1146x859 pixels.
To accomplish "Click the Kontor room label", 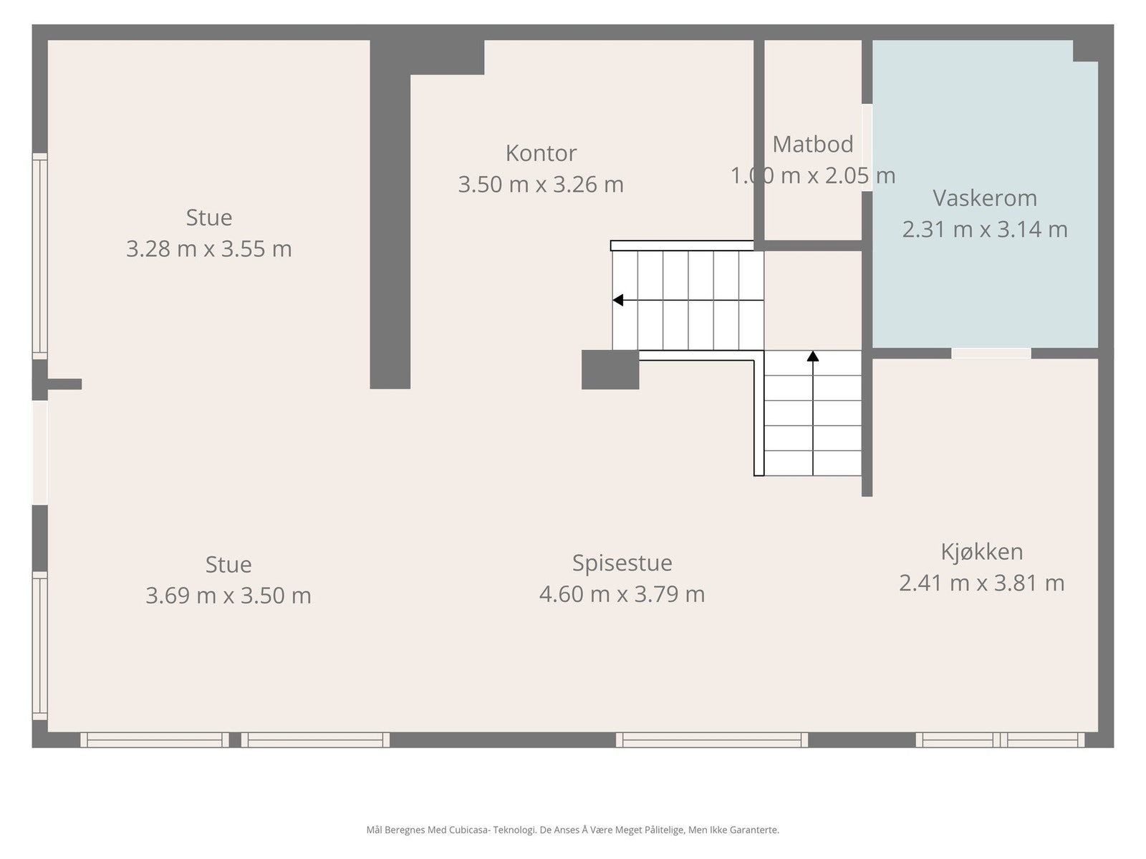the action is tap(541, 153).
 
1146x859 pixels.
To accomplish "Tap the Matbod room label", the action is tap(812, 145).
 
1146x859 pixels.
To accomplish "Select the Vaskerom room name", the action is tap(985, 198).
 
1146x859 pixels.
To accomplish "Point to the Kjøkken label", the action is tap(981, 552).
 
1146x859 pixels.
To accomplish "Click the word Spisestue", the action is tap(622, 563).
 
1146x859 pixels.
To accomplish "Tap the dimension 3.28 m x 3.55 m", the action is tap(209, 249).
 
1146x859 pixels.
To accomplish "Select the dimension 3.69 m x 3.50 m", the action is tap(228, 596).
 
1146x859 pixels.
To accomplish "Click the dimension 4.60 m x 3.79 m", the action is tap(622, 594).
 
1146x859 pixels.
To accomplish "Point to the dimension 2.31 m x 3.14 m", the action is tap(985, 230).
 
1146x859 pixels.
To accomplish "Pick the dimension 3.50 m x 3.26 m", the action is tap(541, 185).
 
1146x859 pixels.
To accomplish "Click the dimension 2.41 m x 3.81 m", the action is tap(981, 583).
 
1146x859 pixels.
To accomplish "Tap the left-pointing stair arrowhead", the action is tap(618, 300).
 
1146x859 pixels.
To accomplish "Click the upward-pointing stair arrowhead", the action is tap(813, 356).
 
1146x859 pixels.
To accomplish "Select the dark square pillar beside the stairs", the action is tap(610, 370).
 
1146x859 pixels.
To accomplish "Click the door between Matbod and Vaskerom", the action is tap(867, 147).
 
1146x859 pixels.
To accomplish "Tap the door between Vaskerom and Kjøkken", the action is tap(991, 353).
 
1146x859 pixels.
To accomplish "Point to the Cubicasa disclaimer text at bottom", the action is tap(573, 830).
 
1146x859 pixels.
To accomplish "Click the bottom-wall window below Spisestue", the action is tap(712, 739).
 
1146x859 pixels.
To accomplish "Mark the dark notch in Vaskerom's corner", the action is tap(1085, 51).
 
